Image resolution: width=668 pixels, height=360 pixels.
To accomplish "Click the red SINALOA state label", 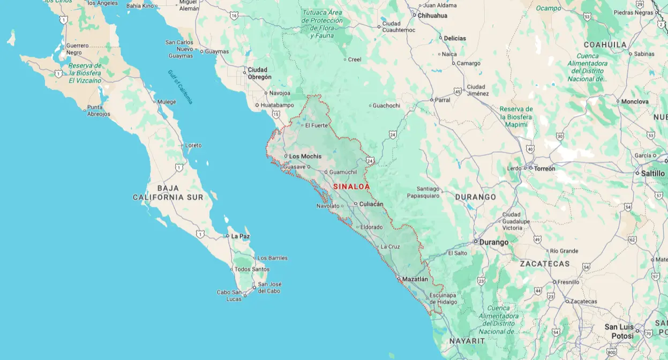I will (351, 186).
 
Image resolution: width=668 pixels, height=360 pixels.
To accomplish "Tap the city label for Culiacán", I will (371, 204).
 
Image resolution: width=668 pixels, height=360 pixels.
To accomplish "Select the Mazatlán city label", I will (415, 279).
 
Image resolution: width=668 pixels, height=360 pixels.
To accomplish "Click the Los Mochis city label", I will (305, 156).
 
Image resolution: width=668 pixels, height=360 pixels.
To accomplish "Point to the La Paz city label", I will (241, 236).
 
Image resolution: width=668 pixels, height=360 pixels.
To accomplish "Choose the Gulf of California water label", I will (180, 87).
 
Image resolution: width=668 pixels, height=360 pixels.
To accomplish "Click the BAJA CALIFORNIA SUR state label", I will (168, 193).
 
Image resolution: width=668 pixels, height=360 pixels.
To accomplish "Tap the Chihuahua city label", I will (432, 16).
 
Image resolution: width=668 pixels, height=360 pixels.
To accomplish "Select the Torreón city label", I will (545, 168).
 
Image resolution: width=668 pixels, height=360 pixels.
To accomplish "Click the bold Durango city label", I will (493, 242).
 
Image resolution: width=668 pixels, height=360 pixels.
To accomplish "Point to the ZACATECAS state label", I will (545, 264).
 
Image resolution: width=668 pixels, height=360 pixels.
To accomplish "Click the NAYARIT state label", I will (467, 341).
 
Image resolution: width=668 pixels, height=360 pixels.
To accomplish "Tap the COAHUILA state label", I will (605, 44).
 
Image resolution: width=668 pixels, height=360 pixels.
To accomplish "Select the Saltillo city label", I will (652, 174).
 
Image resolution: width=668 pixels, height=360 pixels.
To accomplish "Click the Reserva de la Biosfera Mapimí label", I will (516, 117).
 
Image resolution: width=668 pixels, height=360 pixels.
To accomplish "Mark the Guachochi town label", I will (386, 106).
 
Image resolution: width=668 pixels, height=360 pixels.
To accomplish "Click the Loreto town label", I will (193, 145).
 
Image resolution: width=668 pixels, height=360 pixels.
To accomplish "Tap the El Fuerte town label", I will (316, 125).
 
